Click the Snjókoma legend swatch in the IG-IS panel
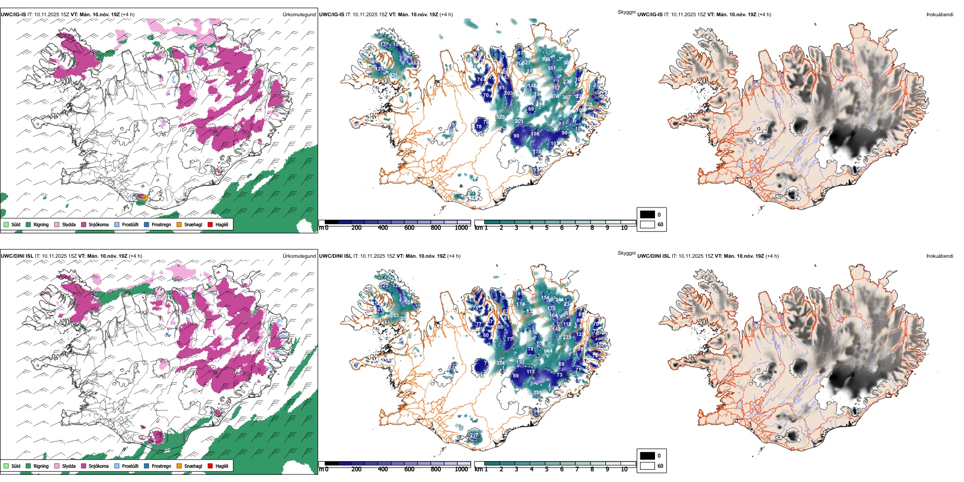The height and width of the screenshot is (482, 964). [x=84, y=224]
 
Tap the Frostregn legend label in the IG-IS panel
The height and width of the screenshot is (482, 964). [x=161, y=224]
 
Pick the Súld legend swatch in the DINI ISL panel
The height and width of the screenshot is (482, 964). [x=6, y=466]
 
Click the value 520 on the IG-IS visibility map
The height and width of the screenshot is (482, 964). [x=500, y=117]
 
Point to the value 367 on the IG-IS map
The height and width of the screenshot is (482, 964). [x=566, y=97]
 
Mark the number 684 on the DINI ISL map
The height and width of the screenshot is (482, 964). [x=548, y=351]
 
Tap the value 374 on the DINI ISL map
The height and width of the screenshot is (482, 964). [x=500, y=363]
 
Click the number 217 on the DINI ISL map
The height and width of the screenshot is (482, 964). [x=474, y=435]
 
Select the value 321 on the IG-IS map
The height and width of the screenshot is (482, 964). [x=394, y=76]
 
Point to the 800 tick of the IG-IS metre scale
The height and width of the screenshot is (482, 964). [x=436, y=228]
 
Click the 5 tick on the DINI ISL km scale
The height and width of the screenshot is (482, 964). [x=547, y=469]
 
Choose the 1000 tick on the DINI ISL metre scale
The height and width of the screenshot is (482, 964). [x=461, y=469]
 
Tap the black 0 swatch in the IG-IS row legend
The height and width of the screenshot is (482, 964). [x=647, y=215]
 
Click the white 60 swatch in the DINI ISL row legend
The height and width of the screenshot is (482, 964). [x=647, y=466]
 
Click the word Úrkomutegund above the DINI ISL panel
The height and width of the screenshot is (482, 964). [x=299, y=256]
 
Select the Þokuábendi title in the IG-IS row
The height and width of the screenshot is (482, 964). [x=940, y=15]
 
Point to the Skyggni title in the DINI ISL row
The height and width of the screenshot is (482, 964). [x=627, y=253]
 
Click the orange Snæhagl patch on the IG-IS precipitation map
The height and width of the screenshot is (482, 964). [x=145, y=197]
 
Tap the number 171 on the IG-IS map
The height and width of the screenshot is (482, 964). [x=537, y=152]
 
